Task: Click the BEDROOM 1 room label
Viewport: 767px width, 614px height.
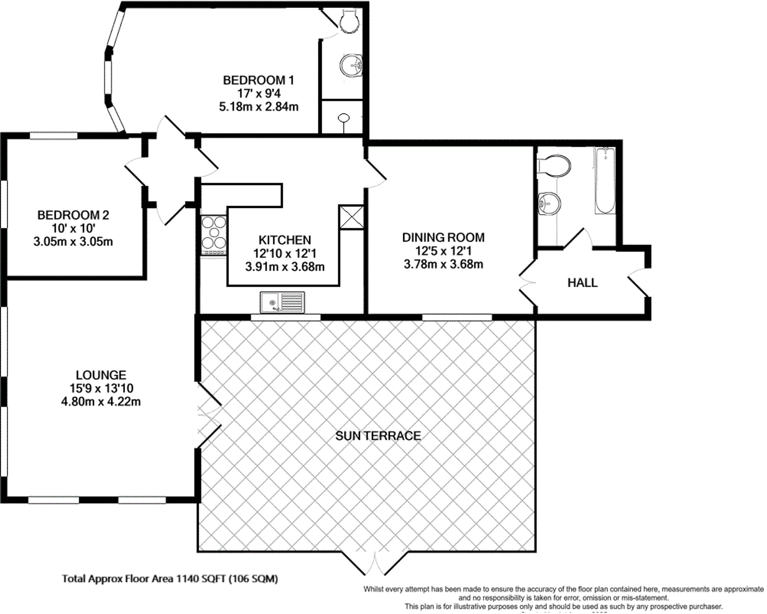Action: click(258, 80)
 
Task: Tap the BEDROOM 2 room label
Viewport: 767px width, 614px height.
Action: click(73, 215)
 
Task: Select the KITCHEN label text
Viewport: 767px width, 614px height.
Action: click(284, 240)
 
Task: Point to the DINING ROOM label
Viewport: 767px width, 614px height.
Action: click(443, 237)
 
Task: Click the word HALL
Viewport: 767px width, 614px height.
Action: click(582, 283)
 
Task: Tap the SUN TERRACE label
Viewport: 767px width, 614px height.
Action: click(378, 436)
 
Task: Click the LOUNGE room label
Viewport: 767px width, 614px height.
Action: click(101, 375)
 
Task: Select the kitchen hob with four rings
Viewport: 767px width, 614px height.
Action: click(214, 233)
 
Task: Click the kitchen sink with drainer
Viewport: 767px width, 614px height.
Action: click(282, 302)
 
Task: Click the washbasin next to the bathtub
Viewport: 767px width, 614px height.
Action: click(549, 204)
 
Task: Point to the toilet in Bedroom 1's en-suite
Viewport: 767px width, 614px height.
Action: click(349, 21)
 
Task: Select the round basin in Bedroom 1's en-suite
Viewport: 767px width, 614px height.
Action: click(351, 65)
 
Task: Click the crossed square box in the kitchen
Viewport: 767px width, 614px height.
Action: click(351, 217)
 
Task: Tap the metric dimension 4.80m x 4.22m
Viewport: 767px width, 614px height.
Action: click(101, 402)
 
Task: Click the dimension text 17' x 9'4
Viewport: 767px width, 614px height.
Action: click(259, 94)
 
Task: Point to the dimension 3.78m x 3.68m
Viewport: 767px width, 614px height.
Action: click(443, 264)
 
